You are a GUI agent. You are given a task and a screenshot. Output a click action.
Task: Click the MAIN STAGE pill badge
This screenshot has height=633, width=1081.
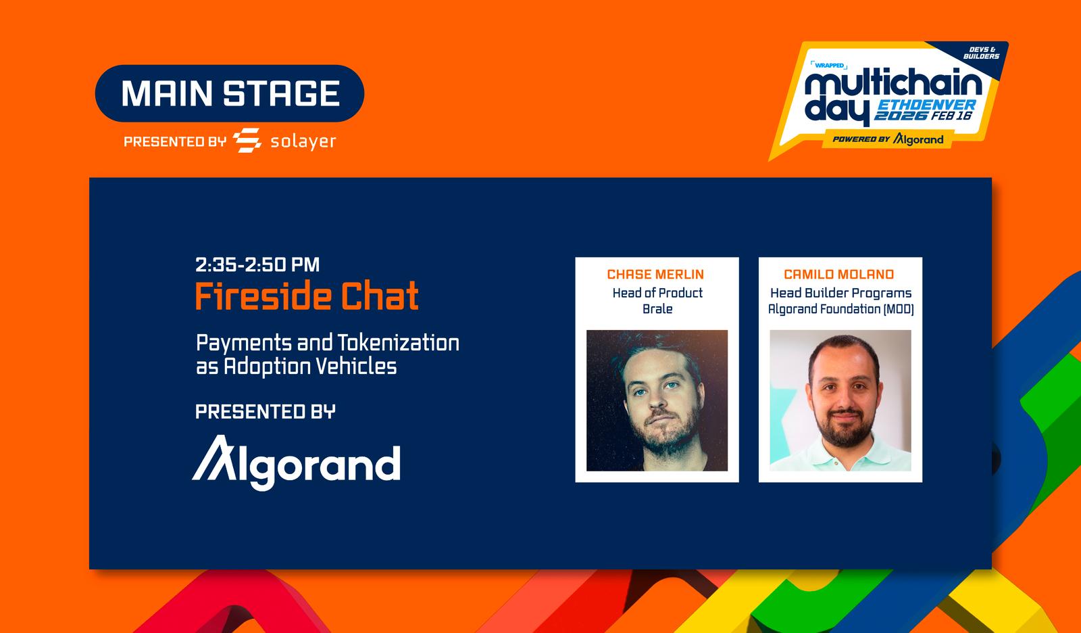point(230,93)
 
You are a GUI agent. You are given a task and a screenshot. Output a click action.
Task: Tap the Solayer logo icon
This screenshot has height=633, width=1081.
point(247,141)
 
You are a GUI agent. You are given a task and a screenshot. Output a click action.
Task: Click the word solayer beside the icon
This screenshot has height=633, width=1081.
point(303,142)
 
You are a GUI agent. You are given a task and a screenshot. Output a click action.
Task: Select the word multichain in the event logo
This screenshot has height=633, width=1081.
point(893,84)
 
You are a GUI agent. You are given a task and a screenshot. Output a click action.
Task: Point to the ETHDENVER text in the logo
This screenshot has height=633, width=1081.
point(926,105)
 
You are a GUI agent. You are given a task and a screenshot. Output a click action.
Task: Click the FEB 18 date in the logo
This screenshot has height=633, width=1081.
point(952,116)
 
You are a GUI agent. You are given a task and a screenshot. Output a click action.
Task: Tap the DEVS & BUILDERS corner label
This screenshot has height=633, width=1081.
point(981,53)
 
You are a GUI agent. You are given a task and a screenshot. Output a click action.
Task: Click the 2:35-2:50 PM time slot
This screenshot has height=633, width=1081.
point(257,265)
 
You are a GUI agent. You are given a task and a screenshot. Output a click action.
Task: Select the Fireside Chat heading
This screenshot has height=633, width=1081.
point(307,296)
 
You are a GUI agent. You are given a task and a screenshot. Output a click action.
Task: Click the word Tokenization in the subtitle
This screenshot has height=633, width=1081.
point(398,343)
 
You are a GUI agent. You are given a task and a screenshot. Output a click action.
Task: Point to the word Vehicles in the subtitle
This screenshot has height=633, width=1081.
point(356,367)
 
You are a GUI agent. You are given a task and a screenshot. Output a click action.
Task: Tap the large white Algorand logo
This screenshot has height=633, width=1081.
point(297,463)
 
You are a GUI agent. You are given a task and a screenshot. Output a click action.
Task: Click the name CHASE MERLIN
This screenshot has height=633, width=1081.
point(655,275)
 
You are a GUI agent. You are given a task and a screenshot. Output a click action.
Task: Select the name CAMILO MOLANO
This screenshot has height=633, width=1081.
point(838,275)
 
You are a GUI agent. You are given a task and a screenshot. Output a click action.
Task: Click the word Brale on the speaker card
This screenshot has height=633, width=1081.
point(657,309)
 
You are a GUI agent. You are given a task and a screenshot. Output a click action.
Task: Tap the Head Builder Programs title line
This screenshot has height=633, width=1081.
point(840,294)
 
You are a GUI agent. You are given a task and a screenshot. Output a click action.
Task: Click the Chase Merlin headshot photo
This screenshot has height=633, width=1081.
point(657,400)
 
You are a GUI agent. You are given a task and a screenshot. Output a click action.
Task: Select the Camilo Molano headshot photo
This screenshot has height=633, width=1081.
point(840,400)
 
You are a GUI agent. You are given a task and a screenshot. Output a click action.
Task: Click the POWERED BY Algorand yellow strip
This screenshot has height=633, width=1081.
point(888,139)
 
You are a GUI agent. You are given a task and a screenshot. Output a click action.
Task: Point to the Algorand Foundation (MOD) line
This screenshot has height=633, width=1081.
point(840,309)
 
